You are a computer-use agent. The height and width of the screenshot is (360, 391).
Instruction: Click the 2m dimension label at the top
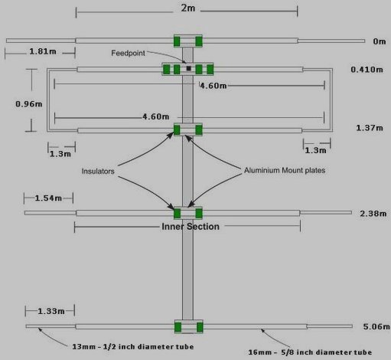pos(188,8)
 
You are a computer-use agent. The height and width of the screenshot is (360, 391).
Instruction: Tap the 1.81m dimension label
pos(43,51)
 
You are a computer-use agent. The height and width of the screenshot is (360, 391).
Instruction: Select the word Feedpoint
pos(128,53)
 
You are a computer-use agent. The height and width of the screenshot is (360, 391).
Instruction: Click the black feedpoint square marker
pos(188,68)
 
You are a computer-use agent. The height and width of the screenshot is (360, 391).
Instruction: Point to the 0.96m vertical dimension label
pos(29,104)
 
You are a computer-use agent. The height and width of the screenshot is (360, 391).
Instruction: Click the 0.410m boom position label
pos(367,70)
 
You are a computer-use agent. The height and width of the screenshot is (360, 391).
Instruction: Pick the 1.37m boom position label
pos(370,128)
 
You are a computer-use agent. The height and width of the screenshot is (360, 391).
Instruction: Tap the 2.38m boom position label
pos(373,214)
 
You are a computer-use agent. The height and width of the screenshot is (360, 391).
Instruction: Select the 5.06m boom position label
pos(376,326)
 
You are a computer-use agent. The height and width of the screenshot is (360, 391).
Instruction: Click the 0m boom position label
pos(380,41)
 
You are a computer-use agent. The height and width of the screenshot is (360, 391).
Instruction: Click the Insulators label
pos(98,171)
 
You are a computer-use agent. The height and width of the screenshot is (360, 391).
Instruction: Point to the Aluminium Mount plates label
pos(285,170)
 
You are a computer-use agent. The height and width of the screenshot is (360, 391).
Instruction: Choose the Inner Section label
pos(191,227)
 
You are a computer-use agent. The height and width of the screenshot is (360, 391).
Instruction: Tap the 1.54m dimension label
pos(48,198)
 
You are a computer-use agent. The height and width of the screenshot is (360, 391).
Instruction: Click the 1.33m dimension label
pos(51,311)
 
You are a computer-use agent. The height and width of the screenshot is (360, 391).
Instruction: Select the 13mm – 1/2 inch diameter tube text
pos(133,347)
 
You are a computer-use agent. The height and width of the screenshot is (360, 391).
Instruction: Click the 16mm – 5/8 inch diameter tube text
pos(310,352)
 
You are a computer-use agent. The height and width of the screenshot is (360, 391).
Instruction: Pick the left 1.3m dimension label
pos(60,154)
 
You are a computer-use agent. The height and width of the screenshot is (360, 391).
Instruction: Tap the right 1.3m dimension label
pos(315,150)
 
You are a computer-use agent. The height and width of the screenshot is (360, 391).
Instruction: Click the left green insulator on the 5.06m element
pos(178,327)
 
